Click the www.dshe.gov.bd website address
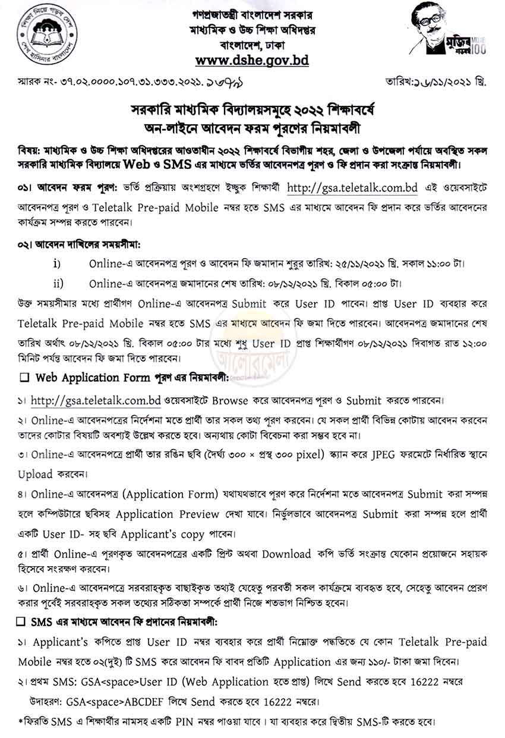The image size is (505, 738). [x=252, y=60]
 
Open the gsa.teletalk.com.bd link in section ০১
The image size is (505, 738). [x=352, y=189]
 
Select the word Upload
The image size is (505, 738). [x=36, y=475]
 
